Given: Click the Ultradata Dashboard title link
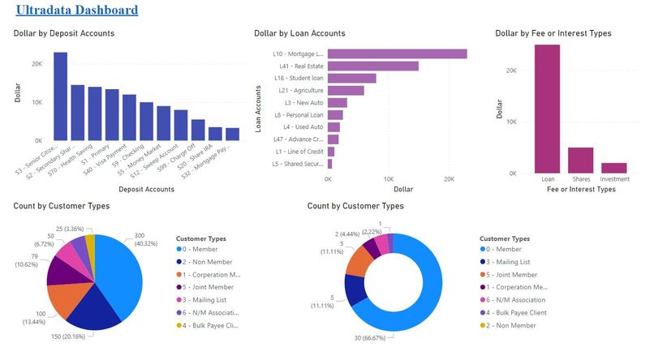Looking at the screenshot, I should coord(77,11).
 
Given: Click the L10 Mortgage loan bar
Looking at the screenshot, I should coord(397,54).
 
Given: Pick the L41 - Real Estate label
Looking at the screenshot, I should coord(302,66).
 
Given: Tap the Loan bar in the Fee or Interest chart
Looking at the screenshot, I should coord(547,109).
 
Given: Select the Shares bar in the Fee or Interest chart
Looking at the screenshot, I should coord(580,160).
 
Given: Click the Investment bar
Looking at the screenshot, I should coord(613,168).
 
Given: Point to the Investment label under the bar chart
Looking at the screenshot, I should coord(613,178).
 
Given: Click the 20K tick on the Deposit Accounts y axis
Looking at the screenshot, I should coord(37,64).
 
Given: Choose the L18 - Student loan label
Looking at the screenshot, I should coord(300,79).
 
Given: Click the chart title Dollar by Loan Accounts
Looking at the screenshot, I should coord(299,33).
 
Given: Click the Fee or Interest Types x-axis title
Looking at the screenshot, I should coord(580,189).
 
